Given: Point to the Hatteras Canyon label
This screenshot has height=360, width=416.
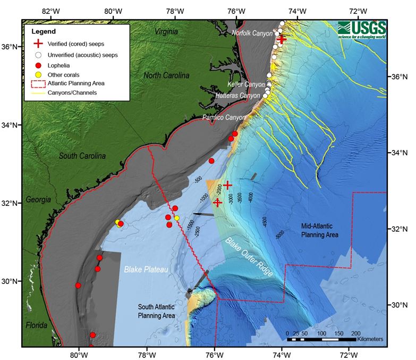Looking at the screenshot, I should (237, 96).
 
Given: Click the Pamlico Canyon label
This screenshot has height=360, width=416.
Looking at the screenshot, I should (224, 117).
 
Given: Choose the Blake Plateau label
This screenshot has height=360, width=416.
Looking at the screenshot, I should (146, 270).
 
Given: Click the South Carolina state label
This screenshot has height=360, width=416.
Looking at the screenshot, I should (82, 156).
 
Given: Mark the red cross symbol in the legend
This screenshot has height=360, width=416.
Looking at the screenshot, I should (38, 44).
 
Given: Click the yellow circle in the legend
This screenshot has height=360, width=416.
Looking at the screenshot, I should (38, 73).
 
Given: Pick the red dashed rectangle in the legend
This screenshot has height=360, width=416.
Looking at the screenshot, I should (38, 83).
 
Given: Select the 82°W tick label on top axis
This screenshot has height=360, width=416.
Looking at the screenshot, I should (50, 11).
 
